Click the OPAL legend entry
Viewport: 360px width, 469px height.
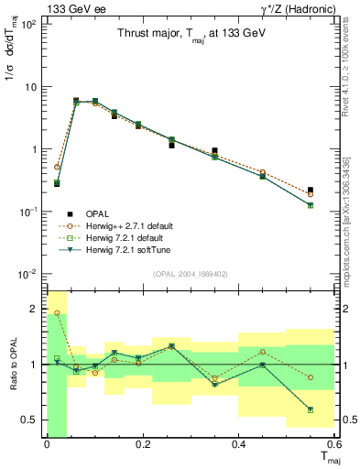(x=99, y=214)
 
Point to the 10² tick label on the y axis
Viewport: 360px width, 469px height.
(x=27, y=25)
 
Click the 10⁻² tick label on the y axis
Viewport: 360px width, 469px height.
(x=27, y=274)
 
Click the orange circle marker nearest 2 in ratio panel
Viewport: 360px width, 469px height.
(x=57, y=313)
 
